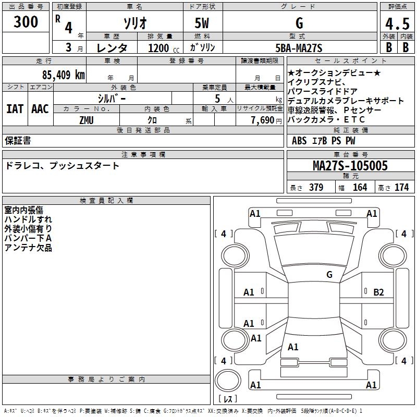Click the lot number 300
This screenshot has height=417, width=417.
[x=26, y=22]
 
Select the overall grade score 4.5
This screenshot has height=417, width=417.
[x=397, y=24]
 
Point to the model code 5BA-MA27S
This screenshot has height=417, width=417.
[x=299, y=48]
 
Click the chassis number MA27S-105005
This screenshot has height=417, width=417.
[x=350, y=166]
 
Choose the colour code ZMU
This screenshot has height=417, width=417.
[x=87, y=120]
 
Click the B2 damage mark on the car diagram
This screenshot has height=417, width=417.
[x=378, y=292]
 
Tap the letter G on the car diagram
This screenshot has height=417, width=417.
[x=329, y=275]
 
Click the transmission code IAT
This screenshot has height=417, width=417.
[x=15, y=109]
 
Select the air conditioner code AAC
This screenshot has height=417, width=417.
[x=40, y=109]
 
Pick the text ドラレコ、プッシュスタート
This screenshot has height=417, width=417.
[x=63, y=166]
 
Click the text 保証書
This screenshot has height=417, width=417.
[x=18, y=141]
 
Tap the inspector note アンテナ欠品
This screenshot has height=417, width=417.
[x=28, y=248]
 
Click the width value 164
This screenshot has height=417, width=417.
[x=360, y=188]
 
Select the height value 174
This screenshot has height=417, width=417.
[x=401, y=188]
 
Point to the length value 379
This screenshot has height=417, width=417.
[x=316, y=188]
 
